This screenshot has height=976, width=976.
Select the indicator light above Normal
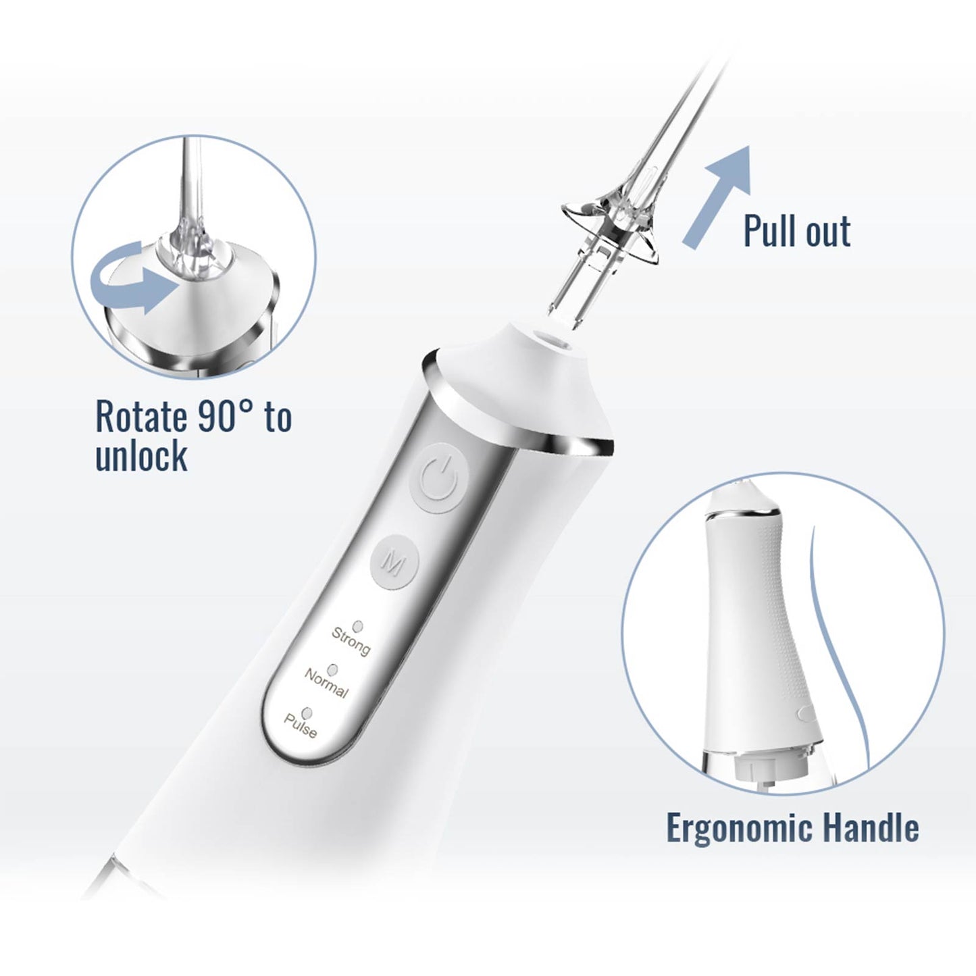332,669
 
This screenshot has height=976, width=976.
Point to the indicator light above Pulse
307,713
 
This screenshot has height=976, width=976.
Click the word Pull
770,231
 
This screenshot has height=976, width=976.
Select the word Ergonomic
747,828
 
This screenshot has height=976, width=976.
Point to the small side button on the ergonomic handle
803,711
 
